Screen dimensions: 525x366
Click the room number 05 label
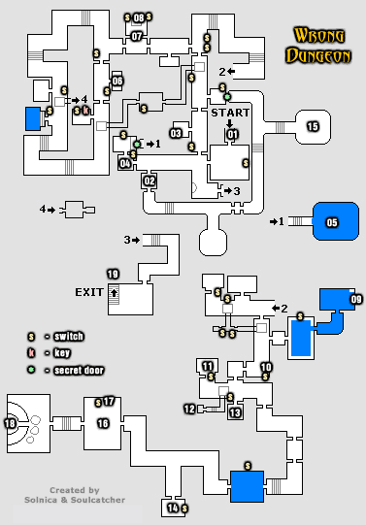click(x=332, y=222)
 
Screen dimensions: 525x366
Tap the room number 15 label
click(x=313, y=127)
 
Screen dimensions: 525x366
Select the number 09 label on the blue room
click(x=356, y=300)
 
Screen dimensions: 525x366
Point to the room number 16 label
click(x=103, y=423)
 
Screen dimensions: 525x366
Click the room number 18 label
click(x=11, y=423)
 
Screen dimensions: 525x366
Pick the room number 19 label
click(x=113, y=274)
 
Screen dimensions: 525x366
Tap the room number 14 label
click(x=173, y=508)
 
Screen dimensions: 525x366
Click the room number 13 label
click(x=235, y=413)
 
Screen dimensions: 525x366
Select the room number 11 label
click(x=208, y=366)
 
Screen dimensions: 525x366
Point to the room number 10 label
click(x=266, y=367)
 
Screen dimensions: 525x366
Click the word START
click(x=231, y=114)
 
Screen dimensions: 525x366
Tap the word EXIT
click(x=89, y=290)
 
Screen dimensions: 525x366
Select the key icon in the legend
click(x=31, y=353)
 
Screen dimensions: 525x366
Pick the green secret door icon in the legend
click(x=31, y=370)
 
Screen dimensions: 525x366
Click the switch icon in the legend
click(x=31, y=337)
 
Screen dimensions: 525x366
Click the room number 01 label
click(x=232, y=135)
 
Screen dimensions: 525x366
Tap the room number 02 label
click(x=150, y=180)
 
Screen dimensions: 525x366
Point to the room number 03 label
click(x=177, y=133)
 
